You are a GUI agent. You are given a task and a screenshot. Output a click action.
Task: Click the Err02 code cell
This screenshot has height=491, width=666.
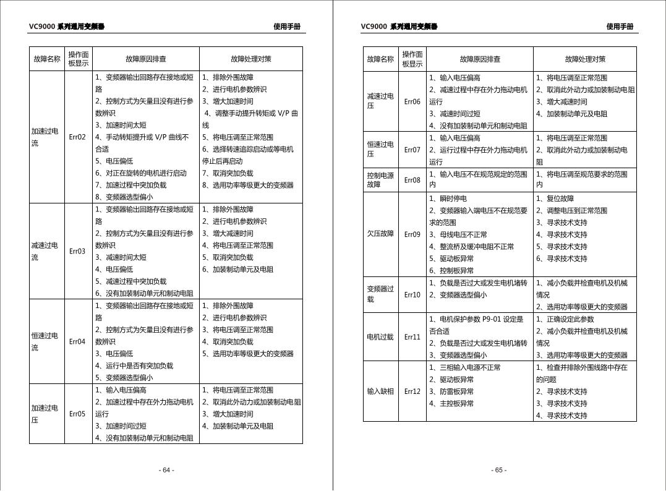(x=77, y=137)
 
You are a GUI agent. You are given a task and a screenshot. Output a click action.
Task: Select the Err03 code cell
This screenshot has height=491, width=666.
(x=77, y=251)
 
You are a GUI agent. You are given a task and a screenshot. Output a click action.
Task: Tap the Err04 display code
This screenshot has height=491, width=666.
(x=77, y=341)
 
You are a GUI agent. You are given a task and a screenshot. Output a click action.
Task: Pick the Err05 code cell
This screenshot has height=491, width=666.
(x=77, y=414)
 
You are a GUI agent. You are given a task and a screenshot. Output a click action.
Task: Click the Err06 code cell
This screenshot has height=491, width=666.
(x=412, y=101)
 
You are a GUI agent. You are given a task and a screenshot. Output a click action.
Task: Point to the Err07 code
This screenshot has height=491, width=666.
(x=412, y=150)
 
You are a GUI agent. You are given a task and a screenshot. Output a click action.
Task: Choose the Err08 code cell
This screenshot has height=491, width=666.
(x=412, y=180)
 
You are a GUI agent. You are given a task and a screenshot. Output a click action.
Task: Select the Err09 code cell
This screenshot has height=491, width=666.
(x=412, y=234)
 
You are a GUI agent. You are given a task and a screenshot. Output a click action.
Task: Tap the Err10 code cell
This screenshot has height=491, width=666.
(x=412, y=295)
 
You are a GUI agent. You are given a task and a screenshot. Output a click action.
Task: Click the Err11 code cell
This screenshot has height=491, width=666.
(x=412, y=337)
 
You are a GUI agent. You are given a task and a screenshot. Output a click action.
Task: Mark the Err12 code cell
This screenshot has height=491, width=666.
(x=412, y=391)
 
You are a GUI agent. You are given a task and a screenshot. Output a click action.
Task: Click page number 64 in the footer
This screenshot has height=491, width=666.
(x=167, y=470)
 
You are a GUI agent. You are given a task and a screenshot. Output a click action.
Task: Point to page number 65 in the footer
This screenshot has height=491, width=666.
(x=499, y=470)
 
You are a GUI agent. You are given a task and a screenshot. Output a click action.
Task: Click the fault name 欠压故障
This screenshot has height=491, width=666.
(x=380, y=234)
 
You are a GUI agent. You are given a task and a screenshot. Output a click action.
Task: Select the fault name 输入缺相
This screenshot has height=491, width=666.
(x=380, y=391)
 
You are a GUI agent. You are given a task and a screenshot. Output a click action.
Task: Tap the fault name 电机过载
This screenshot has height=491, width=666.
(x=380, y=337)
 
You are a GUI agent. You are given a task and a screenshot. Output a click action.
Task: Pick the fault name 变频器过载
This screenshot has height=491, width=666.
(x=380, y=294)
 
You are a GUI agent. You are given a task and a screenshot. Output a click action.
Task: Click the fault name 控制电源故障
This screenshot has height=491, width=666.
(x=380, y=180)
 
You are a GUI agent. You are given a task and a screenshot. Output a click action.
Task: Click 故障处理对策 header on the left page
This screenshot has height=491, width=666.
(x=250, y=59)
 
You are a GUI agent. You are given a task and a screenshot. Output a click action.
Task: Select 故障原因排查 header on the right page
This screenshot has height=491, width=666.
(x=480, y=59)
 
